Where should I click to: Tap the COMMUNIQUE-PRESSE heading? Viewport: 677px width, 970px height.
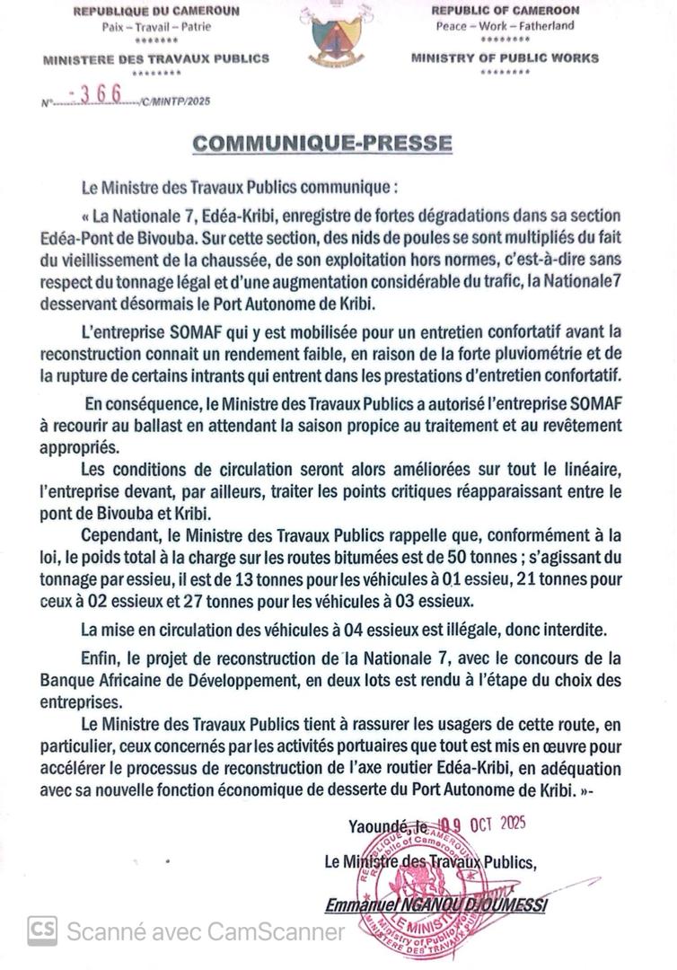[x=322, y=144]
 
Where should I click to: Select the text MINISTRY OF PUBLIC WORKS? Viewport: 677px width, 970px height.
[x=505, y=58]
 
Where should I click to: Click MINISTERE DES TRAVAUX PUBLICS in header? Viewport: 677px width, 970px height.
[x=155, y=58]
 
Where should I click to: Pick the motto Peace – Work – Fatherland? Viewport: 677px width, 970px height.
[x=505, y=26]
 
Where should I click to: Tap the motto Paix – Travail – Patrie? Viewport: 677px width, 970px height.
[x=155, y=26]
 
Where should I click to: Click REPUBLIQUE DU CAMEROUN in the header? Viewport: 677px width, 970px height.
[x=155, y=12]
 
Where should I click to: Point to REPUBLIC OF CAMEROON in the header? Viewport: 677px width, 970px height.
[x=505, y=11]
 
